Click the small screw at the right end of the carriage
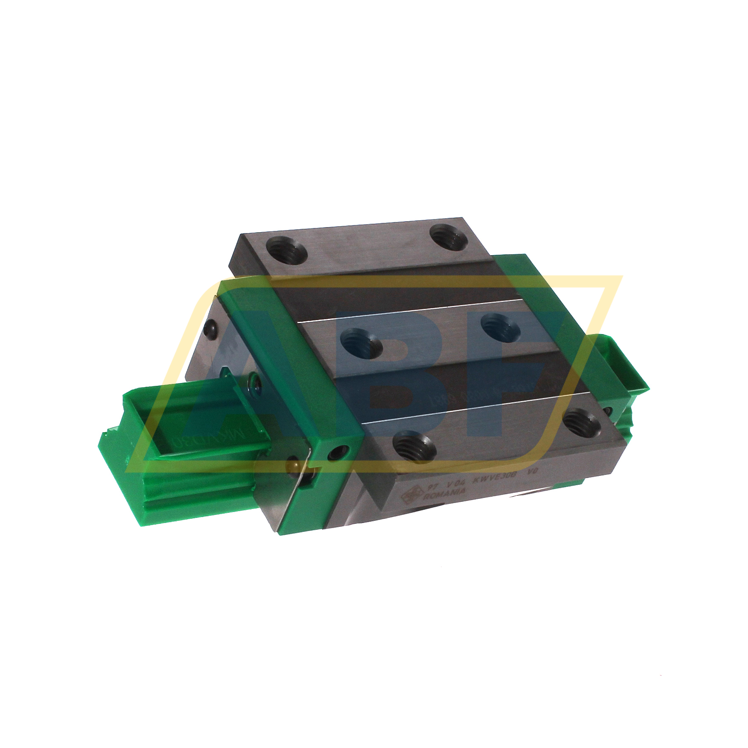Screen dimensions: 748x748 (x=610, y=411)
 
